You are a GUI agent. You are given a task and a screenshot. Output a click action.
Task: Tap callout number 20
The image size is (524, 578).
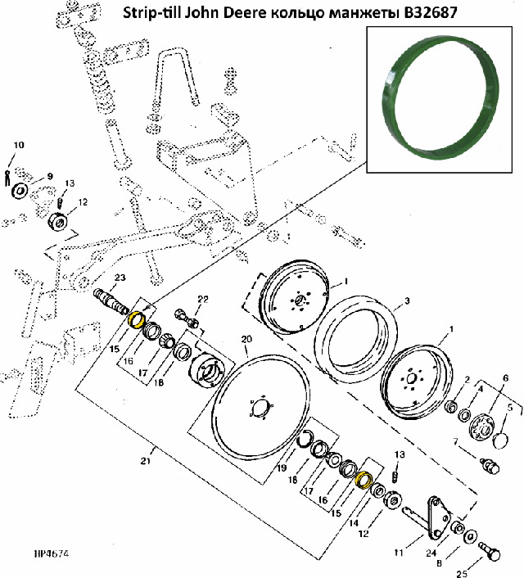pyautogui.click(x=245, y=338)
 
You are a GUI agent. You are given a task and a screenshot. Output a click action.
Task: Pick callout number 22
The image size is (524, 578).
pyautogui.click(x=202, y=298)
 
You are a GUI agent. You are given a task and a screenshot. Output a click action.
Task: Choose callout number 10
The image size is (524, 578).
pyautogui.click(x=18, y=146)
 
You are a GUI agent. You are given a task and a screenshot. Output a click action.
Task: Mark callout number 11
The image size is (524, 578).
pyautogui.click(x=398, y=553)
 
